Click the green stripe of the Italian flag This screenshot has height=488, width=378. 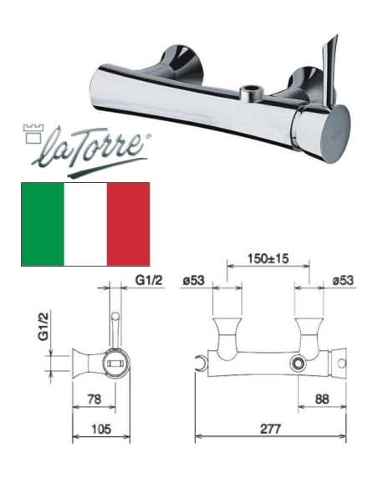[43, 222]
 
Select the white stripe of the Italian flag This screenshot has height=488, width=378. [85, 222]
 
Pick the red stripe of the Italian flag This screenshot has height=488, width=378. [128, 222]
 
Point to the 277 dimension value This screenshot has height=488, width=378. [268, 428]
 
